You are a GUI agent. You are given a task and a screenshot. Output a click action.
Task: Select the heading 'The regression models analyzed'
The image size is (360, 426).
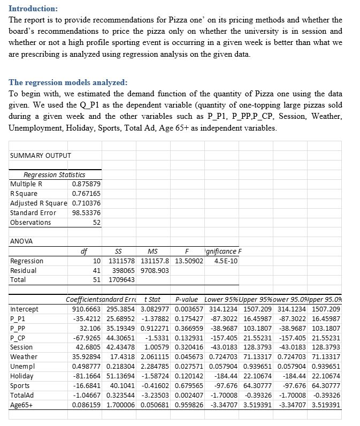[68, 82]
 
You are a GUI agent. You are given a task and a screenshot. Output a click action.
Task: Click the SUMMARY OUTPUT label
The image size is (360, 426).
[41, 156]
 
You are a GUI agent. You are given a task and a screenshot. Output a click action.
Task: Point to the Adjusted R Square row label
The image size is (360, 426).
[39, 203]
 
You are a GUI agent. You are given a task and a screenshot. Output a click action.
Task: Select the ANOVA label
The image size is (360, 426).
[22, 241]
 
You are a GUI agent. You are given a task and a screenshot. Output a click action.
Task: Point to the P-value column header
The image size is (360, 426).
[187, 299]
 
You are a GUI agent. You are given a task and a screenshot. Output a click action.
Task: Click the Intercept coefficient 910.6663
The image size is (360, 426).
[86, 309]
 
